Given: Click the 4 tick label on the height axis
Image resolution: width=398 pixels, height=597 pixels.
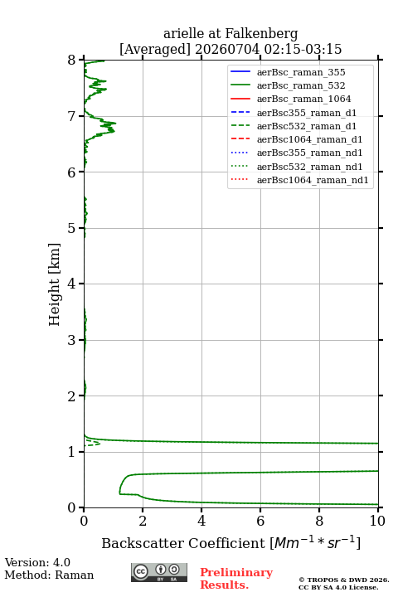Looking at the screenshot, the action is (x=72, y=284).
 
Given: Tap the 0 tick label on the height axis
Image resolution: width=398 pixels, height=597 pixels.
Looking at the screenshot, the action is (x=72, y=507).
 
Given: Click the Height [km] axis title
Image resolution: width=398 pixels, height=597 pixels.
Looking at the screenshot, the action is (x=54, y=284).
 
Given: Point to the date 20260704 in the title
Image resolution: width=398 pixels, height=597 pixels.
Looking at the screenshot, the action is (x=227, y=49).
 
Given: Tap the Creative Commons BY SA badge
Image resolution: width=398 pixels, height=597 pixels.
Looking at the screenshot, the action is (x=159, y=572).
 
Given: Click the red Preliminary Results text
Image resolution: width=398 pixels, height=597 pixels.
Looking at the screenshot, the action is (x=236, y=579).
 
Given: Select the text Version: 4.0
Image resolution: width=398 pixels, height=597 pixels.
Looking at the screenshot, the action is (x=37, y=562).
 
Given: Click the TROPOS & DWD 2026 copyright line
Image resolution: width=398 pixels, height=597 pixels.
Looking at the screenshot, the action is (x=344, y=580).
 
